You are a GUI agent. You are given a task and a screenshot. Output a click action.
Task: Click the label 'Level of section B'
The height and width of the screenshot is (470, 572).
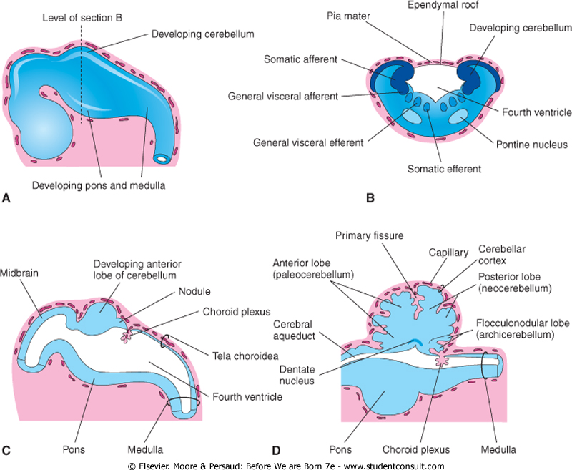pyautogui.click(x=82, y=16)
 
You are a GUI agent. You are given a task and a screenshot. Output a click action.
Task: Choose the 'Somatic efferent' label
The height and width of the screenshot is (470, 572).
pyautogui.click(x=444, y=169)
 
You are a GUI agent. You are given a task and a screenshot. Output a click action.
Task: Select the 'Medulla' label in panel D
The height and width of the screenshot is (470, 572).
pyautogui.click(x=499, y=449)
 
